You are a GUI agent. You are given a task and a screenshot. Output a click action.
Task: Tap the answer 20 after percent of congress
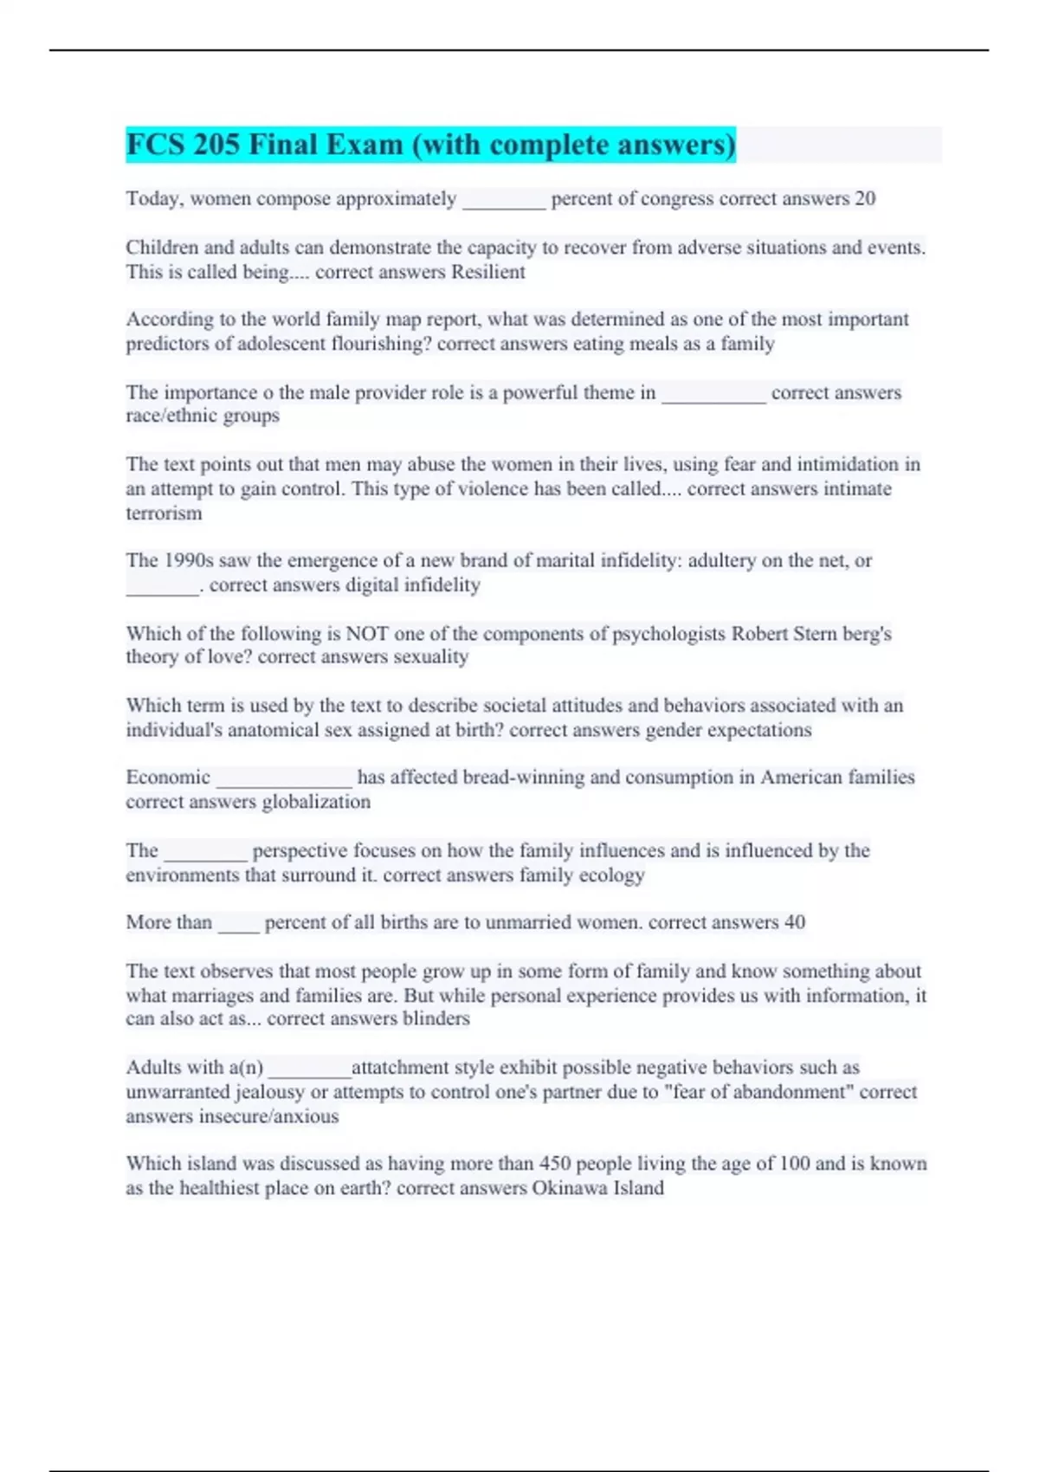point(865,198)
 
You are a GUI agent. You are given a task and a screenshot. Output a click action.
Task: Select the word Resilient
point(482,272)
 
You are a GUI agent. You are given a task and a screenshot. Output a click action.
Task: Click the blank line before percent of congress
point(504,201)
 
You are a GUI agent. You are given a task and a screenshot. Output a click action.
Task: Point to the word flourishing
point(381,344)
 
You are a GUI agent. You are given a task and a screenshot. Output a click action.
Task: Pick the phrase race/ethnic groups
point(203,416)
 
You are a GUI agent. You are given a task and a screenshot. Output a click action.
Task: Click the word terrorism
point(164,513)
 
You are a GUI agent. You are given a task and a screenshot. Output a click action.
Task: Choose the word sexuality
point(431,657)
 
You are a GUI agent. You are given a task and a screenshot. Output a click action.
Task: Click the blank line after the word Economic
point(284,779)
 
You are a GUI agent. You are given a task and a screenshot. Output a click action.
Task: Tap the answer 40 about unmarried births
point(794,922)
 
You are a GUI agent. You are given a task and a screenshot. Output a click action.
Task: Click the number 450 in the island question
point(555,1164)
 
